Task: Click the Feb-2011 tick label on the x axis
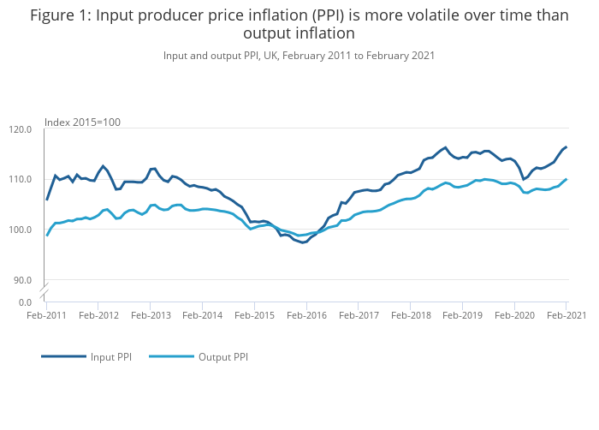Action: (x=46, y=315)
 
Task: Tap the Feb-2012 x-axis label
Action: (x=98, y=315)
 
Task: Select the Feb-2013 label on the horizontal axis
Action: (x=150, y=315)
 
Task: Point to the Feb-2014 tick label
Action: (x=202, y=315)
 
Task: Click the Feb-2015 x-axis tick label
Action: (x=254, y=315)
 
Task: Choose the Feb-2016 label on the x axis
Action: (x=306, y=315)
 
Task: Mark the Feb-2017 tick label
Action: (x=358, y=315)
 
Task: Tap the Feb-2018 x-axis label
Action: (x=410, y=315)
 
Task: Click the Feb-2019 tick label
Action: (x=462, y=315)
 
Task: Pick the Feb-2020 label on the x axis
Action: (x=514, y=315)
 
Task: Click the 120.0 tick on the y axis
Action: (x=21, y=129)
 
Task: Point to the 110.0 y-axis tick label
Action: (x=21, y=179)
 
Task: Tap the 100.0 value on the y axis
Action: (x=21, y=230)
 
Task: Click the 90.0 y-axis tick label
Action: (x=23, y=279)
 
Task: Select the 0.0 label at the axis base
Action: (x=26, y=302)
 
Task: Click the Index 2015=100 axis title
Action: (x=82, y=122)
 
